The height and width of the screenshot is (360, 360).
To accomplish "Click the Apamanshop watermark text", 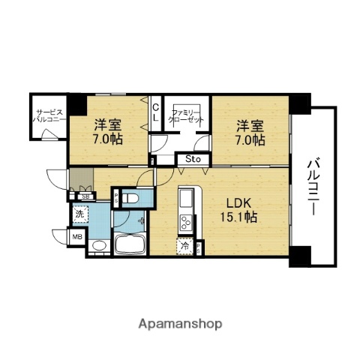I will pos(180,324).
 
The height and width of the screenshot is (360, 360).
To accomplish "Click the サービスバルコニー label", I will pos(47,117).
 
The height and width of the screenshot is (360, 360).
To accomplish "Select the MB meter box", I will pos(76,238).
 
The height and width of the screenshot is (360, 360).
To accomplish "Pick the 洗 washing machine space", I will pos(80,214).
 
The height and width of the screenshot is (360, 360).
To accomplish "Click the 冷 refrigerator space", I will pos(184,246).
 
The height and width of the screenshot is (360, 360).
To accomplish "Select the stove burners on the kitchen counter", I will pos(184,222).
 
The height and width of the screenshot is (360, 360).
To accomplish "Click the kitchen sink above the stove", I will pos(184,201).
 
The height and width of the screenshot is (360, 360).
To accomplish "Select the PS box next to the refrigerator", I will pos(199,247).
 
